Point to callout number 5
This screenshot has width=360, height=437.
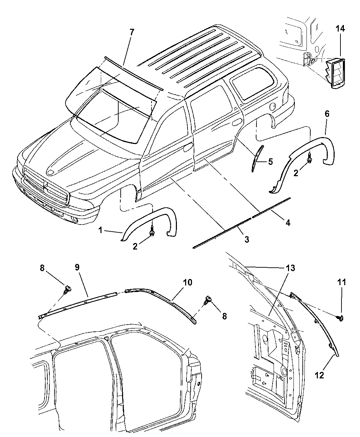point(271,162)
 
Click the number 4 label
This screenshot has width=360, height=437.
point(287,223)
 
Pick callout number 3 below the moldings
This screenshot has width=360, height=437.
point(247,240)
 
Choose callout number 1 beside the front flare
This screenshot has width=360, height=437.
point(101,230)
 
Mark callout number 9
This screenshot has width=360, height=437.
point(77,267)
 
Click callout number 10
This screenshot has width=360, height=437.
point(187,283)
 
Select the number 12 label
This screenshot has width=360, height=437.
point(319,375)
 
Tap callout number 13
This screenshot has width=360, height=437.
point(290,268)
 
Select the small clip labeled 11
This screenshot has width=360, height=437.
point(340,318)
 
